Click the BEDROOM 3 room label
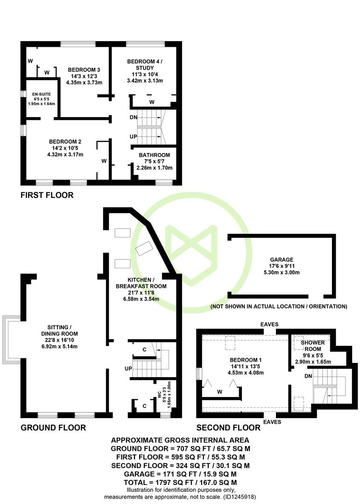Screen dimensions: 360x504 84,70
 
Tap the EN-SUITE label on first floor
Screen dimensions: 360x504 42,94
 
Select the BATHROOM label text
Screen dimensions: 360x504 155,155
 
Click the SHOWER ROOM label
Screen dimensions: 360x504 313,346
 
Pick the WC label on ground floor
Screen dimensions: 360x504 160,395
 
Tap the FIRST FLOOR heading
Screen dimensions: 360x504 47,195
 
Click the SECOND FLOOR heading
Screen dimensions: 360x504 228,427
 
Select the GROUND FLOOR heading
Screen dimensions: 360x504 53,427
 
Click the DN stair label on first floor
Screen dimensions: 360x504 134,117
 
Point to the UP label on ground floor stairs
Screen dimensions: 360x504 128,369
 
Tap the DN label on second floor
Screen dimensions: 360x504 308,376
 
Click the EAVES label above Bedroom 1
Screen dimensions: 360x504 269,324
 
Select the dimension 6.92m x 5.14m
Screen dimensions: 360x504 59,346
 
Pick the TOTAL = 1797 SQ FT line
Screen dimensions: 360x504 180,483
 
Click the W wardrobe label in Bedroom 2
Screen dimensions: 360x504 104,161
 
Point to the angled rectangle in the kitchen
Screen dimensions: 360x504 144,248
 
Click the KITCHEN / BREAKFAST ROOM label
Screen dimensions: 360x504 141,283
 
